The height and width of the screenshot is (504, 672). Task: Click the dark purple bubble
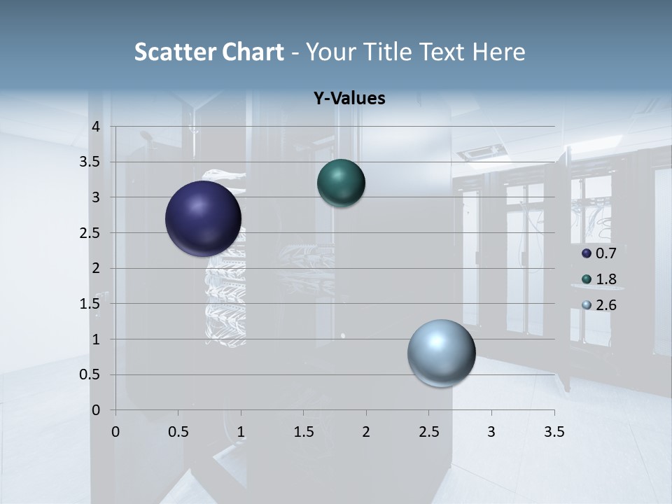[203, 218]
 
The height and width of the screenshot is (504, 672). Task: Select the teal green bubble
[341, 183]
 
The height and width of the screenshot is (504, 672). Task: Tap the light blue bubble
[441, 353]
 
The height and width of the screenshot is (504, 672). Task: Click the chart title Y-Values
[349, 99]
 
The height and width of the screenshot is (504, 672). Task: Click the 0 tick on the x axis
[115, 432]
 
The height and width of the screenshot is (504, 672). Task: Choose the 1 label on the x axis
[241, 432]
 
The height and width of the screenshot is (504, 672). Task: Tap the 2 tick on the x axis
[366, 432]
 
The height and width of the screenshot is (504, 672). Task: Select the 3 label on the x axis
[491, 432]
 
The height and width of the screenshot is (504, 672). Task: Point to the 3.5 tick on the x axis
[554, 432]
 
